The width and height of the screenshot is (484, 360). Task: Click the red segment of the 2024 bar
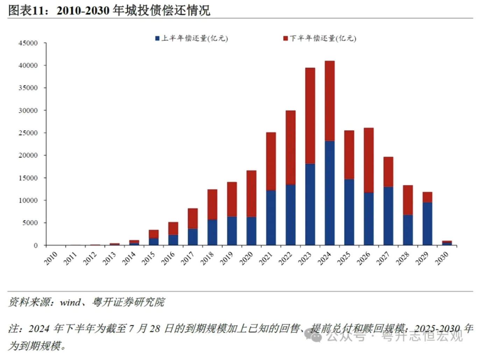pyautogui.click(x=329, y=101)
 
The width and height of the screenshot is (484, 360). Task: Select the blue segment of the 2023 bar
pyautogui.click(x=310, y=204)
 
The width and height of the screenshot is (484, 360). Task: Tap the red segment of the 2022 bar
pyautogui.click(x=290, y=147)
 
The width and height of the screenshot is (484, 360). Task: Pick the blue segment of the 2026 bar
pyautogui.click(x=369, y=219)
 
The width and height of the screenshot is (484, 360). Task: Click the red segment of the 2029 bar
pyautogui.click(x=427, y=197)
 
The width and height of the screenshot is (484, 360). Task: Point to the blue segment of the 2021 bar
pyautogui.click(x=271, y=217)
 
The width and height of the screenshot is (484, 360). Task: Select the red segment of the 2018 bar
pyautogui.click(x=212, y=204)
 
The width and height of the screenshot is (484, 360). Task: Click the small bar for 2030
pyautogui.click(x=447, y=243)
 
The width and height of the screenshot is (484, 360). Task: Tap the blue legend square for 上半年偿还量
pyautogui.click(x=157, y=38)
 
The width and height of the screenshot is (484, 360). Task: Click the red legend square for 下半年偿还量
pyautogui.click(x=285, y=38)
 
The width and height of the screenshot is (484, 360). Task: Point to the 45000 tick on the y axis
pyautogui.click(x=28, y=43)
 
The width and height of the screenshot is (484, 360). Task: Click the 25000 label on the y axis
pyautogui.click(x=28, y=133)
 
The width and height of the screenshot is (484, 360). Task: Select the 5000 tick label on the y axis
pyautogui.click(x=30, y=223)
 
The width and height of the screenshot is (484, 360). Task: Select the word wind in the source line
pyautogui.click(x=70, y=302)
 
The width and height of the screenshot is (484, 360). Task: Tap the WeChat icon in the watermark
pyautogui.click(x=313, y=336)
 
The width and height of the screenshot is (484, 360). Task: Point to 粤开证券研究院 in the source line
pyautogui.click(x=128, y=302)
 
